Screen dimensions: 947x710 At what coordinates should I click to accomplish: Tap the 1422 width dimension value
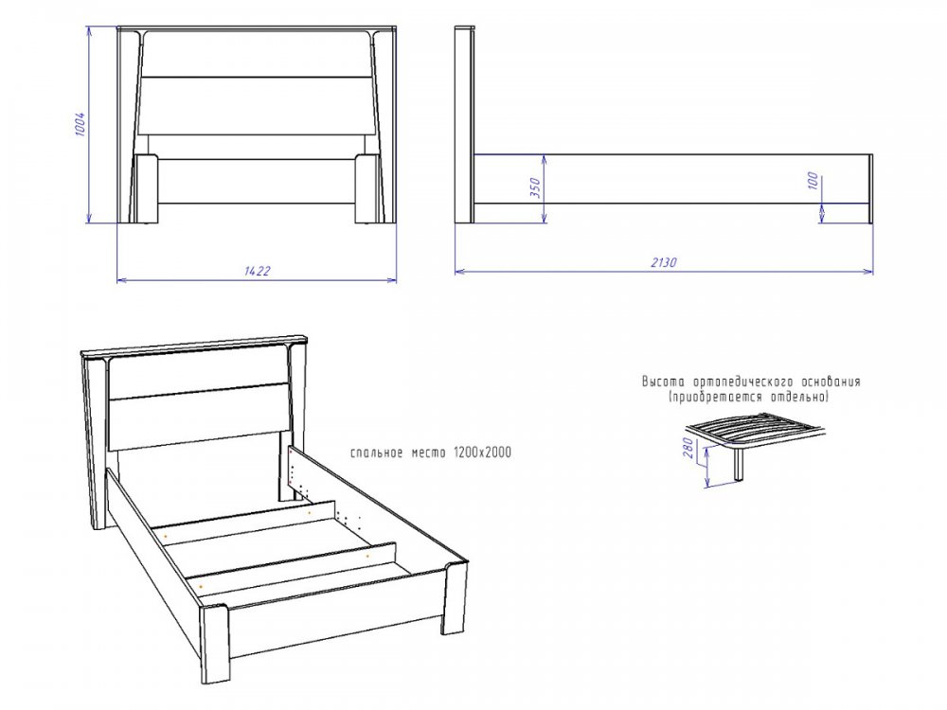[x=257, y=271]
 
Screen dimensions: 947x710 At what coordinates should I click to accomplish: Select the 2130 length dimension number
[x=664, y=262]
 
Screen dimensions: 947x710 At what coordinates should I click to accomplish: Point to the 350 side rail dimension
[x=535, y=187]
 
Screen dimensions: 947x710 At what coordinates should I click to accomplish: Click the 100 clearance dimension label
[x=813, y=181]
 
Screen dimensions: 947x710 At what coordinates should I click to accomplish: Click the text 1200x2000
[x=482, y=453]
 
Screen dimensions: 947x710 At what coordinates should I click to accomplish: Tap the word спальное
[x=377, y=453]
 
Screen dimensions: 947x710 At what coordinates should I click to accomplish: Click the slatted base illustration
[x=755, y=435]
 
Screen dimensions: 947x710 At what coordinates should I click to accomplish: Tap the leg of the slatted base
[x=739, y=464]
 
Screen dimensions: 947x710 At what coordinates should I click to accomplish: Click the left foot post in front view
[x=147, y=189]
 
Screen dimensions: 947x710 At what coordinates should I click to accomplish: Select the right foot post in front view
[x=366, y=189]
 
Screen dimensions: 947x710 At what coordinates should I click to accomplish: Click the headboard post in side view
[x=464, y=125]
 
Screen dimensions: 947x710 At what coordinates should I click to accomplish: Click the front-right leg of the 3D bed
[x=456, y=597]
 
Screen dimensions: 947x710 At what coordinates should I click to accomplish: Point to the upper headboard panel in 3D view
[x=199, y=372]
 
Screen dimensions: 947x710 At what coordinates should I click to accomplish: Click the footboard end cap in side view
[x=871, y=188]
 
